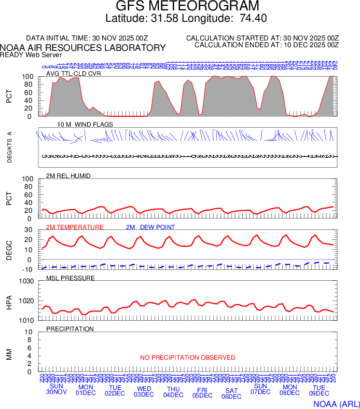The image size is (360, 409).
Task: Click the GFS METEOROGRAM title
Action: point(187,6)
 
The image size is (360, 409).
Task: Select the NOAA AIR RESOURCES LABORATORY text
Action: point(83,48)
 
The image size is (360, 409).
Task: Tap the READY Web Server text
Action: point(31,55)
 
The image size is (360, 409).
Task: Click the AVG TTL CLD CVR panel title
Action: point(74,73)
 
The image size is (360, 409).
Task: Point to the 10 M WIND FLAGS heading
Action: point(85,125)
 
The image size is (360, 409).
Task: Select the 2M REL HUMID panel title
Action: point(68,176)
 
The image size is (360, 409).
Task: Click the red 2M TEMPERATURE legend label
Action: point(75,227)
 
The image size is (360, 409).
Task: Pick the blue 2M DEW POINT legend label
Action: point(150,227)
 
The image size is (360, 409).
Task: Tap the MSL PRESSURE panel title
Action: point(71,278)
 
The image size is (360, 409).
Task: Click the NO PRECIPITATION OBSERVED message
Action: point(188,358)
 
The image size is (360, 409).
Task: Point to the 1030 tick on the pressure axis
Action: point(26,282)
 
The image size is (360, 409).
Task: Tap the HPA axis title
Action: point(9,301)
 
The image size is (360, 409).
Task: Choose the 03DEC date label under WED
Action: point(144,394)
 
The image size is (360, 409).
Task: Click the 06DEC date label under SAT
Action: point(231,397)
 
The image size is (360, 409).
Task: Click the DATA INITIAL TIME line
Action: point(87,38)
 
